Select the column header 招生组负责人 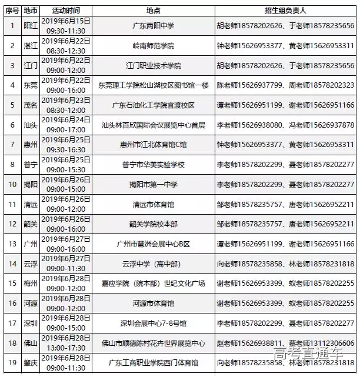pos(285,11)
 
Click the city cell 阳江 pos(30,26)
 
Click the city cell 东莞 pos(30,85)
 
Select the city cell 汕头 pos(30,125)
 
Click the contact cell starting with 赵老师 pos(285,343)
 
